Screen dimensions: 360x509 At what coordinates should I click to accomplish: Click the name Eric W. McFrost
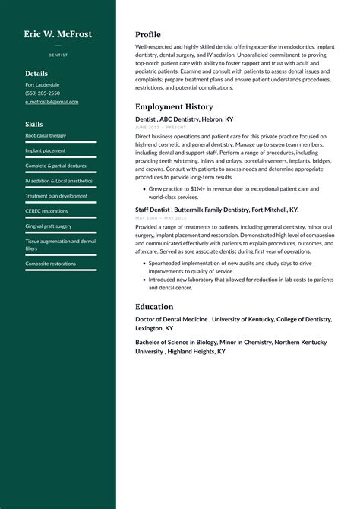58,34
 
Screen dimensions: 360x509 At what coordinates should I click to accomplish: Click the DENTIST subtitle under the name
58,55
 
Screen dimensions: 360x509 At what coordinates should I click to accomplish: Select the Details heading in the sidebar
36,74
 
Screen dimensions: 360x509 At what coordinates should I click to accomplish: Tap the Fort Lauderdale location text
43,84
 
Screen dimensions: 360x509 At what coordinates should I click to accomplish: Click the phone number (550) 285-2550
43,93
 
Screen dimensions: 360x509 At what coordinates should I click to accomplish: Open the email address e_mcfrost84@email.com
52,101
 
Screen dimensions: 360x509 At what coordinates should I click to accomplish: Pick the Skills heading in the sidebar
33,124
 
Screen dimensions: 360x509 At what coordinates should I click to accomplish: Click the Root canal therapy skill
46,135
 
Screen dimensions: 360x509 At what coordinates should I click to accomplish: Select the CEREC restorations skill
46,210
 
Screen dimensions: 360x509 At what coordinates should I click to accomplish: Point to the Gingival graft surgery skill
49,226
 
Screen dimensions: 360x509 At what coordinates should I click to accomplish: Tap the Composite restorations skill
50,264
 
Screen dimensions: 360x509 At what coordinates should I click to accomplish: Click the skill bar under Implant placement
61,156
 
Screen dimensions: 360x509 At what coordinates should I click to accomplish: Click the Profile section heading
148,34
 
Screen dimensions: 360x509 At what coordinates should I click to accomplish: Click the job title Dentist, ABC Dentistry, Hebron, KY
184,119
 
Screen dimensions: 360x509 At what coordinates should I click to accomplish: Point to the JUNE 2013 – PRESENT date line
160,128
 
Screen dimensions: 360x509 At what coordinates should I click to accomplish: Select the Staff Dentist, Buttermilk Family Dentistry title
216,209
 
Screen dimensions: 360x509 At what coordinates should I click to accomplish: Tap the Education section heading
154,306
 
